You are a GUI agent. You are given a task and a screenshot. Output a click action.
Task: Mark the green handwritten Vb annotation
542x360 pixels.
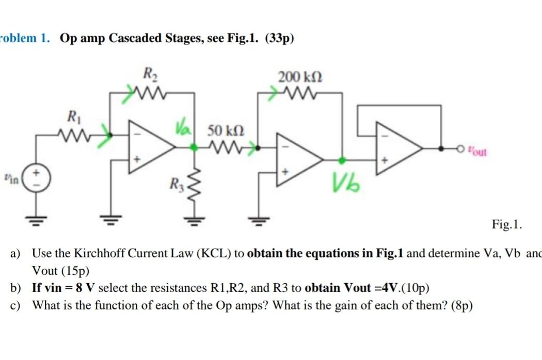pyautogui.click(x=345, y=182)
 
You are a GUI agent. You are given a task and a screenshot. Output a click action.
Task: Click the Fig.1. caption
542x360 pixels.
pyautogui.click(x=507, y=224)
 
